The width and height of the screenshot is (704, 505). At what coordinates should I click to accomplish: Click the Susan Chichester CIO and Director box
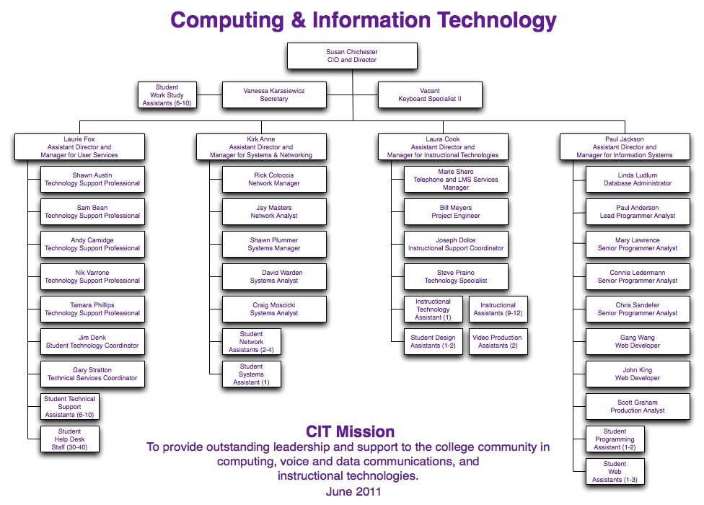pos(352,56)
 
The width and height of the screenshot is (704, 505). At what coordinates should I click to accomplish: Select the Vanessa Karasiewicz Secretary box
pos(274,95)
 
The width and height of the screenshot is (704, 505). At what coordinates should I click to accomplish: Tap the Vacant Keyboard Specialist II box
pos(430,95)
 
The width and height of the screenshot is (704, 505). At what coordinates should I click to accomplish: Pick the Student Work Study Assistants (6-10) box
pos(167,95)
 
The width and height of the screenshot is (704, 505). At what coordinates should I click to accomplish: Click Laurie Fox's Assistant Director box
pos(79,147)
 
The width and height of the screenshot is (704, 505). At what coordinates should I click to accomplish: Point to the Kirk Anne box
pos(261,147)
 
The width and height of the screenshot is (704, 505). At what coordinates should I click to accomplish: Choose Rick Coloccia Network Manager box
pos(274,179)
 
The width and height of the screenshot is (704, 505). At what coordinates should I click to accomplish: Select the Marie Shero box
pos(455,180)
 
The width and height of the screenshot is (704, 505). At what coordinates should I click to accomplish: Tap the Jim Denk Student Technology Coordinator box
pos(92,342)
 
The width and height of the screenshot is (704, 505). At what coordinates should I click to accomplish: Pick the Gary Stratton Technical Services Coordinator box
pos(92,374)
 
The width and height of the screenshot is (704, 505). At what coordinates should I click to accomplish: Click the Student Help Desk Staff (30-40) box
pos(70,439)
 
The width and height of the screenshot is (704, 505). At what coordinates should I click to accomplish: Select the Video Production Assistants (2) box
pos(498,341)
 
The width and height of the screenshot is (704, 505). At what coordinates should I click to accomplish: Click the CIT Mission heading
pos(351,431)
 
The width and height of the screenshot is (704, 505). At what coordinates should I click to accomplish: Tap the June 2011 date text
pos(351,491)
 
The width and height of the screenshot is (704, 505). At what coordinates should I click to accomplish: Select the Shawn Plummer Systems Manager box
pos(274,244)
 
